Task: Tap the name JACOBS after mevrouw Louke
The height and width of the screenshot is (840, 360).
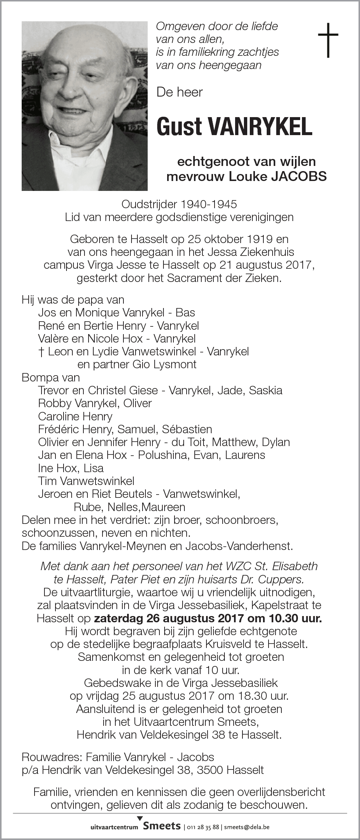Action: [299, 177]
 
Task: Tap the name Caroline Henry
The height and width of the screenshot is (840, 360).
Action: [75, 416]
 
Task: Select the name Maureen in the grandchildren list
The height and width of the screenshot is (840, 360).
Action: [163, 507]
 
